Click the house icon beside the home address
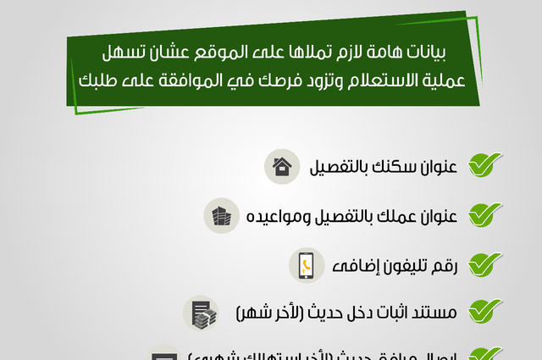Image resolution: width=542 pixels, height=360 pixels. point(283,166)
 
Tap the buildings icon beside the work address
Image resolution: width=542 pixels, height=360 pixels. point(223,214)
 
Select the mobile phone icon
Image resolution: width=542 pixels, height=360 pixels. point(305,264)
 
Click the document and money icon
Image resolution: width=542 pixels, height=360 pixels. point(202,313)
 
